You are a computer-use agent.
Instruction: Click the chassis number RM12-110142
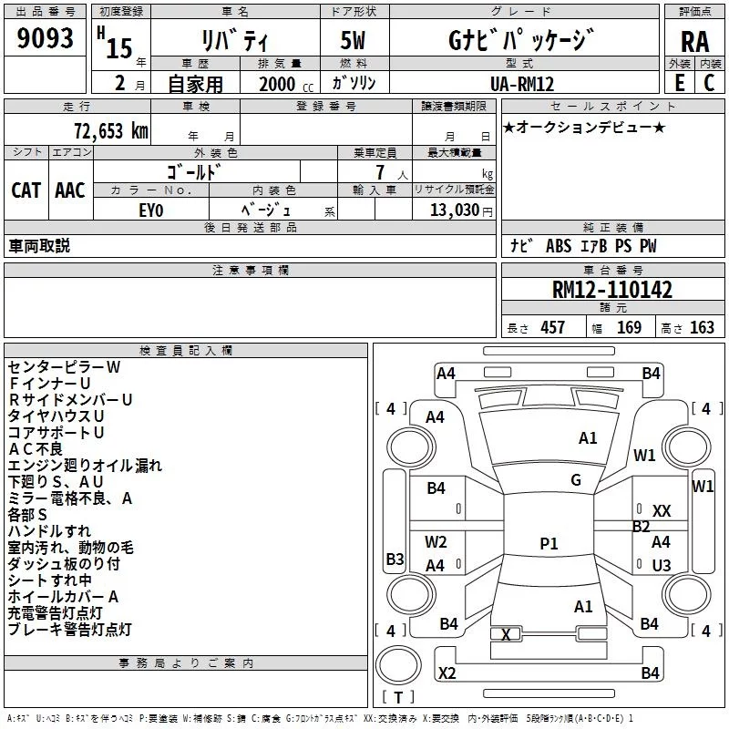point(612,290)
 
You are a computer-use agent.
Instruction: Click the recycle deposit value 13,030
point(452,210)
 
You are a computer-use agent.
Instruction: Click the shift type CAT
point(26,190)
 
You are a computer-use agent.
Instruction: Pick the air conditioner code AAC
point(70,190)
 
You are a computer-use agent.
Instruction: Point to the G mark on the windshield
point(576,480)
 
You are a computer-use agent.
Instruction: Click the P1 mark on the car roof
point(549,544)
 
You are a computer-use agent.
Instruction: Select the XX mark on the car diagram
point(662,511)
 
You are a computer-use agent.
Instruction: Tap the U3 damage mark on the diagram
point(662,565)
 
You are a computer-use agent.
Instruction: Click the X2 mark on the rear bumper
point(447,673)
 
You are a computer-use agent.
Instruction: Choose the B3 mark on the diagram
point(395,559)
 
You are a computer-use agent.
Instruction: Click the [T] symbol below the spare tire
point(397,698)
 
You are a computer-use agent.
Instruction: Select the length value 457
point(552,328)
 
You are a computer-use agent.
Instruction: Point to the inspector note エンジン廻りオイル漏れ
point(85,466)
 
